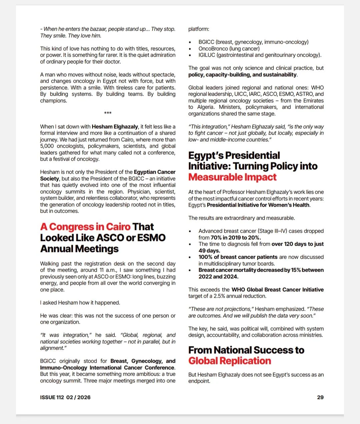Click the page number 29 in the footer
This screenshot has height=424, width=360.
point(320,397)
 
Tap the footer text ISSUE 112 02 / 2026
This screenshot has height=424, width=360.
point(65,397)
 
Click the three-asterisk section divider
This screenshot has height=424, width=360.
point(108,113)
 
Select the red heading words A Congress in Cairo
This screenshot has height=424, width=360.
point(85,227)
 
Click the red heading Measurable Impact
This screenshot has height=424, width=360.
point(232,177)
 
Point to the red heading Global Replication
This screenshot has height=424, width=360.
point(230,361)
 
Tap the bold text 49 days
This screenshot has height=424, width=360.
point(209,251)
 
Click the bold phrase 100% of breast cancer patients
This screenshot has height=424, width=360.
point(238,257)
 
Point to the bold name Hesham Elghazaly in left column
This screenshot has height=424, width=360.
point(115,127)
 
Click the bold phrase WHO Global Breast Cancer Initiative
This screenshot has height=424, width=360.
point(278,290)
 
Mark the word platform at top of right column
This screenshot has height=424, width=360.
point(199,29)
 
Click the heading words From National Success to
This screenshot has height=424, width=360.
point(246,350)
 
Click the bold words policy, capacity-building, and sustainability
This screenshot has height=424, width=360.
point(243,75)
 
